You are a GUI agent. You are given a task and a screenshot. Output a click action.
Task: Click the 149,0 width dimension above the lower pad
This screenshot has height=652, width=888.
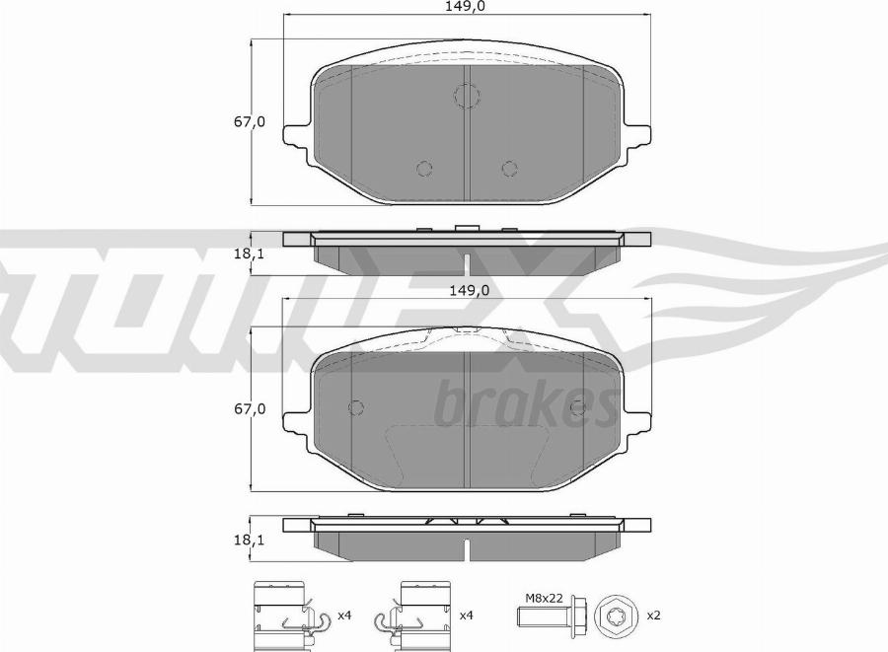coord(470,290)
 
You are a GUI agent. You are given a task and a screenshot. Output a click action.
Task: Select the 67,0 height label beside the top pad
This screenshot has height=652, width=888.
coord(250,121)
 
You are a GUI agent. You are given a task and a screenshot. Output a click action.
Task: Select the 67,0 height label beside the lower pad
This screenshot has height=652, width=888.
coord(250,408)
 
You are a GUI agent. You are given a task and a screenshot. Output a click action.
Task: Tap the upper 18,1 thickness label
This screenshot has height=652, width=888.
coord(250,254)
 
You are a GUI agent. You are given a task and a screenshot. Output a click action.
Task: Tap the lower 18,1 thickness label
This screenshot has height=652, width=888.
coord(250,541)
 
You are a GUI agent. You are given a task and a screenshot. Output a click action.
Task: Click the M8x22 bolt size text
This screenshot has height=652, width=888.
coord(544,598)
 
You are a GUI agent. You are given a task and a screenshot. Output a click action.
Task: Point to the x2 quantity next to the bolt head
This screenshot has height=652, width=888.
coord(653,616)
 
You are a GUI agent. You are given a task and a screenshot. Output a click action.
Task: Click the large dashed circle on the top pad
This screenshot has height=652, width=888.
coord(468,96)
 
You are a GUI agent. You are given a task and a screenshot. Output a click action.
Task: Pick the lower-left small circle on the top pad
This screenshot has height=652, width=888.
coord(423,169)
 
